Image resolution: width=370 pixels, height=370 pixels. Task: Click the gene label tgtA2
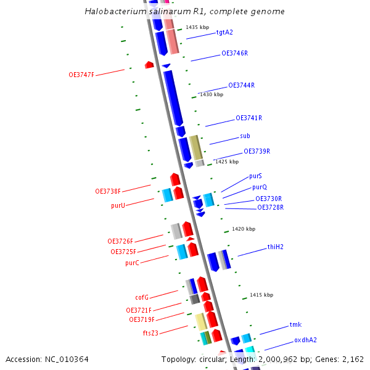pos(224,32)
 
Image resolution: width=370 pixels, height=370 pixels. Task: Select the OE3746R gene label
pos(234,54)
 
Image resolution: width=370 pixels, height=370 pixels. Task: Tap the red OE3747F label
pos(81,75)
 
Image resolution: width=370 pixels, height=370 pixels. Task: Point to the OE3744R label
pos(241,85)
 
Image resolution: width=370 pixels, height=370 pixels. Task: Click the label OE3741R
pos(249,118)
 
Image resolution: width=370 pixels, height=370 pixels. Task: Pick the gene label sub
pos(245,136)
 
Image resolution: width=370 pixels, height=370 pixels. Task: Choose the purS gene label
pos(255,176)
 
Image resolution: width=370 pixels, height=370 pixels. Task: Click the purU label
pos(118,205)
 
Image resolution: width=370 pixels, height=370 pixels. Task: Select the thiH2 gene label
pos(275,247)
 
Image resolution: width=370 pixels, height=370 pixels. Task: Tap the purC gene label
pos(132,263)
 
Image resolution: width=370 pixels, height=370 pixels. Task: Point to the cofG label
pos(142,297)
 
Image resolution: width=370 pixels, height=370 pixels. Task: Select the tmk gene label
pos(295,324)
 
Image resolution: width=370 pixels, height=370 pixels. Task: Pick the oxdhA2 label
pos(305,340)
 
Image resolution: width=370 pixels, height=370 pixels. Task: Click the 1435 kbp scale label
pos(197,28)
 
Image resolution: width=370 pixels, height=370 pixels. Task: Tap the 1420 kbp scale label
pos(243,229)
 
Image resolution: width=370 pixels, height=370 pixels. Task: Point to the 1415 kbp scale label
pos(261,295)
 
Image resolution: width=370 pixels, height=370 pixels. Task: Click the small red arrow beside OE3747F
pos(149,65)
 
